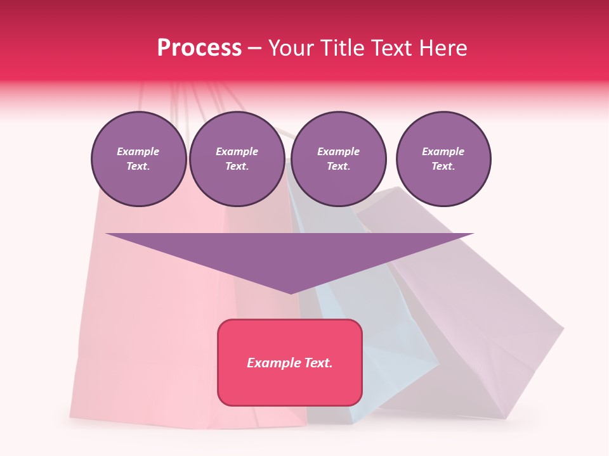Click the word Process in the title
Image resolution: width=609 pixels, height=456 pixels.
point(199,48)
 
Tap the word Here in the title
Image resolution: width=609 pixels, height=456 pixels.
point(443,48)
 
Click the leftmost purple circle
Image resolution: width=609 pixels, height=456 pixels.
point(138,159)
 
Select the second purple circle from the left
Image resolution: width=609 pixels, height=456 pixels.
point(237,159)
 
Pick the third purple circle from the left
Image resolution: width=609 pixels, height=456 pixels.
point(338,159)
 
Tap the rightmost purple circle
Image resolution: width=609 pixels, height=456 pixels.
point(443,159)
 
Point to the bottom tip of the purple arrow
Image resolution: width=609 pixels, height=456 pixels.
point(290,293)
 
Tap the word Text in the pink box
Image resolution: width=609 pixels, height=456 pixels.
point(318,363)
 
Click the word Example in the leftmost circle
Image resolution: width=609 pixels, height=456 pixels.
point(138,151)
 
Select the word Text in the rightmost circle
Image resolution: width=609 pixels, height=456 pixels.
point(443,167)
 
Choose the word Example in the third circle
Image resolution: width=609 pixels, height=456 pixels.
point(338,151)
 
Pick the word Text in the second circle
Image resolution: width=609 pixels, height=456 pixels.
point(237,167)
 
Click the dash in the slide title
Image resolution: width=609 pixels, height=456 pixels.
point(254,48)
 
